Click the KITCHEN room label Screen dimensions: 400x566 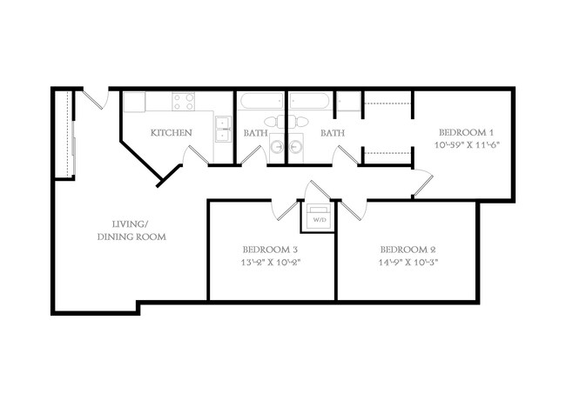(172, 133)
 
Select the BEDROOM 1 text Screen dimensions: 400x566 (467, 132)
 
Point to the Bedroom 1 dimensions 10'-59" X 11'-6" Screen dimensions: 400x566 (467, 146)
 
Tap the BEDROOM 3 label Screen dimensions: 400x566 (272, 247)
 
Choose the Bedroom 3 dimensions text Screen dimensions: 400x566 (272, 261)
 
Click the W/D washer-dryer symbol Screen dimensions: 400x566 (316, 218)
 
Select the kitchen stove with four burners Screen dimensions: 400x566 (183, 102)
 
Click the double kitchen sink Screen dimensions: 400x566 (223, 129)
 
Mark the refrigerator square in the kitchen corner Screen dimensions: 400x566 (133, 102)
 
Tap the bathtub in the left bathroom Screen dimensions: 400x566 (262, 101)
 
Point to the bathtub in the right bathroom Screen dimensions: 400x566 (309, 101)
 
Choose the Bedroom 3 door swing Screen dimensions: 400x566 (285, 209)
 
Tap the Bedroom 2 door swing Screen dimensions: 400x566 (353, 209)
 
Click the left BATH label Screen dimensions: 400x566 (255, 133)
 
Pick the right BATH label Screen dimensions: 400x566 (333, 133)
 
